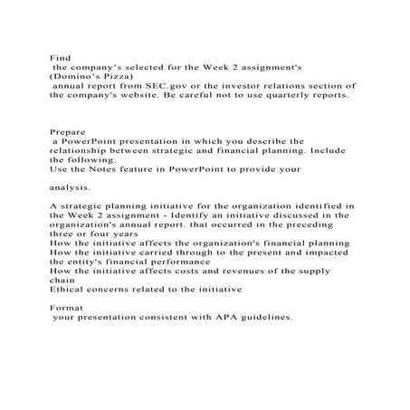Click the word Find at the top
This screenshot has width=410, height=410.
[59, 57]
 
